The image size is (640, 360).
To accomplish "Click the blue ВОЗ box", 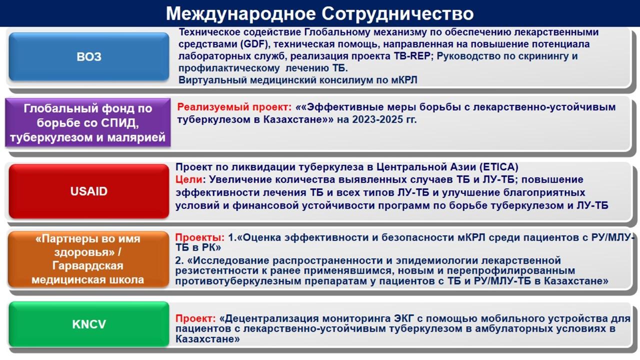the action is [x=89, y=56].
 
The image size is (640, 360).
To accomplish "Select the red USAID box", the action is [x=89, y=191].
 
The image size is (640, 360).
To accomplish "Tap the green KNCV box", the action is [x=89, y=324].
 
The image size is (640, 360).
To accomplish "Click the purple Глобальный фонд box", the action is [x=87, y=122].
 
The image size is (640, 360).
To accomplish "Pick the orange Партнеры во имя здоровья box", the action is [x=88, y=259].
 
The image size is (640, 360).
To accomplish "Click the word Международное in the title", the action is [x=240, y=13].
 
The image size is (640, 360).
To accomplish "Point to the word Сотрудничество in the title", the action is [x=397, y=13].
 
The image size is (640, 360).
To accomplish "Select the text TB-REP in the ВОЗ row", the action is [x=412, y=56].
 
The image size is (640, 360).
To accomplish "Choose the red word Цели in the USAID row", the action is [x=189, y=179].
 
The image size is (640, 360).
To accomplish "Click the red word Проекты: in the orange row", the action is [x=199, y=237].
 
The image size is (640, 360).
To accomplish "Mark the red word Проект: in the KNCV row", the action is [x=195, y=318].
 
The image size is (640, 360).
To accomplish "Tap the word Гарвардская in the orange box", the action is [x=87, y=266].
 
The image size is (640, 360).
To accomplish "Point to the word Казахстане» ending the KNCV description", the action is [x=207, y=339].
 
